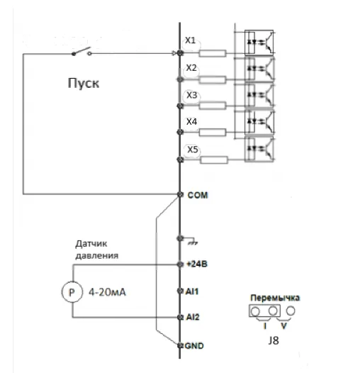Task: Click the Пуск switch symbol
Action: [x=81, y=52]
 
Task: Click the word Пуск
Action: [x=84, y=83]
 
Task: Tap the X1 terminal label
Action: [x=190, y=40]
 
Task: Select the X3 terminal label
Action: [x=191, y=95]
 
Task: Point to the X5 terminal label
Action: [x=193, y=150]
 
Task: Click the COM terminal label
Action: [x=198, y=195]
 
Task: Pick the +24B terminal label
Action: [x=197, y=264]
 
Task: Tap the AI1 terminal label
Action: [x=192, y=291]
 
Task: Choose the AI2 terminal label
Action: [x=193, y=317]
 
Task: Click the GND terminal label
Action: [x=194, y=345]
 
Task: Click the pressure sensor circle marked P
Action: [x=72, y=292]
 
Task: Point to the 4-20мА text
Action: [x=107, y=292]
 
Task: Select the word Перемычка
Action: [x=275, y=298]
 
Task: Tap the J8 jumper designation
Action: [x=274, y=340]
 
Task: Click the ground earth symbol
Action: [x=192, y=242]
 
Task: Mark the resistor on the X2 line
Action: [x=213, y=79]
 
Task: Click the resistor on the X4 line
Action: [x=213, y=133]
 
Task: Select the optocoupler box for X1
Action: [x=259, y=43]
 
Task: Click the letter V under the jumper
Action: [x=283, y=325]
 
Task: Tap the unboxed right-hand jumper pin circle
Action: [x=291, y=311]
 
